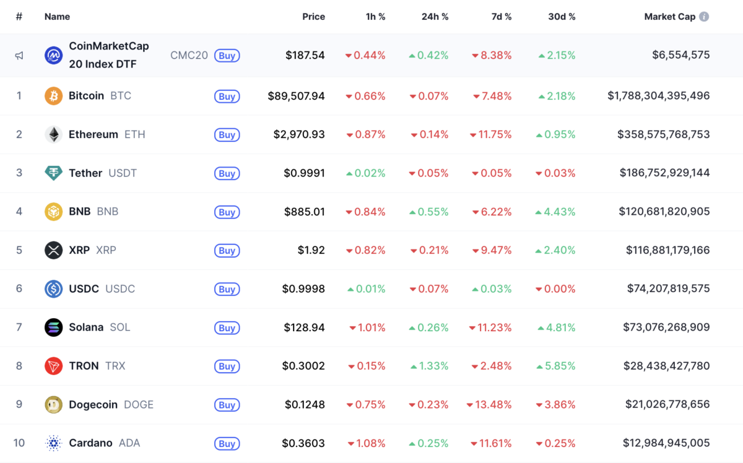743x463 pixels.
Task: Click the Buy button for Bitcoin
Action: point(227,97)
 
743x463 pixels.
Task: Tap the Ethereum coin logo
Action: point(54,134)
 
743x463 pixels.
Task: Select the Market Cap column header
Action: point(669,17)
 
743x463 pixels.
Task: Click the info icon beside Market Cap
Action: point(704,17)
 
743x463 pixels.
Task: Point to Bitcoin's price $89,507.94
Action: point(296,96)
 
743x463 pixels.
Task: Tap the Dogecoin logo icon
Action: point(54,405)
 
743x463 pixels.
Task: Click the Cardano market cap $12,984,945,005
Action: point(659,443)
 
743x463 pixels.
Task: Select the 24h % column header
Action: point(435,17)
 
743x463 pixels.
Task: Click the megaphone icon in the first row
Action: point(19,56)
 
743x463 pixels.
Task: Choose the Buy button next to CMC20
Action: point(227,56)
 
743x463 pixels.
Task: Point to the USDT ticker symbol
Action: point(123,173)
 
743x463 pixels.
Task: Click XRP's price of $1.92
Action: point(311,250)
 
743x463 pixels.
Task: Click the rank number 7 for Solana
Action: point(19,327)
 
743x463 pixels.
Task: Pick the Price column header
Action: point(313,17)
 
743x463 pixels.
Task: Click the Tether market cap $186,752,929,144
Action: point(664,173)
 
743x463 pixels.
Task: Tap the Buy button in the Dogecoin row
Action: point(227,405)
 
